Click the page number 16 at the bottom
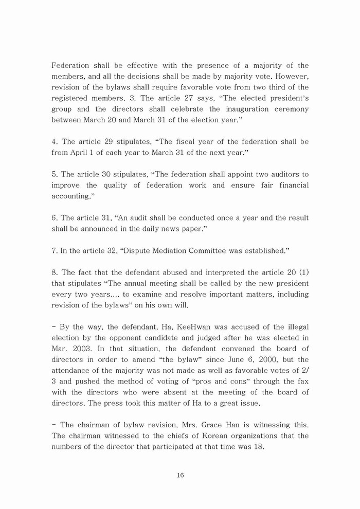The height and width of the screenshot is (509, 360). point(180,475)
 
